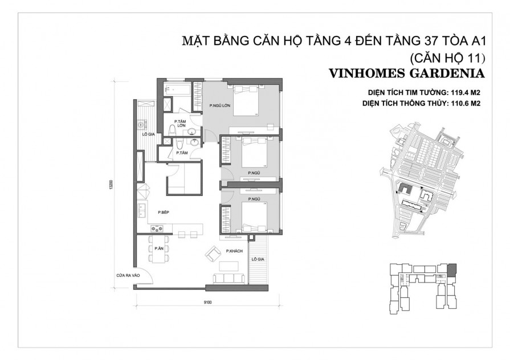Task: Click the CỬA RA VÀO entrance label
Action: click(x=128, y=276)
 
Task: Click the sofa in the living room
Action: click(x=229, y=279)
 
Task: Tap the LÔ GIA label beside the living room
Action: click(x=256, y=259)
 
